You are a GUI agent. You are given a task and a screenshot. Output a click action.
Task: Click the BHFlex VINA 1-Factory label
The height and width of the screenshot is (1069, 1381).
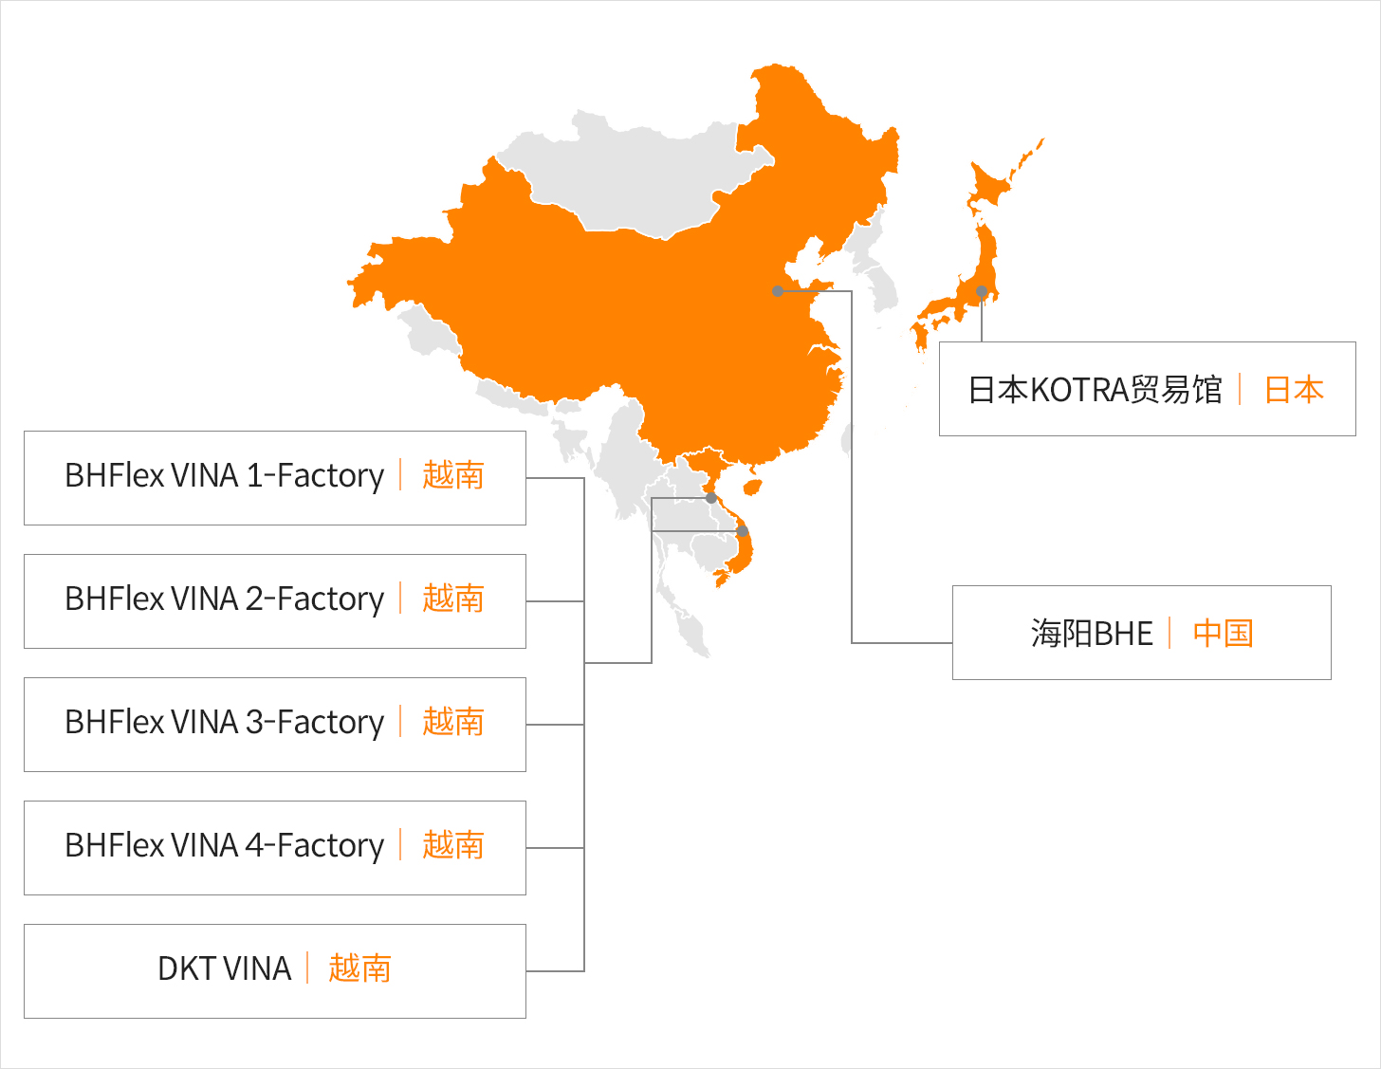[x=225, y=475]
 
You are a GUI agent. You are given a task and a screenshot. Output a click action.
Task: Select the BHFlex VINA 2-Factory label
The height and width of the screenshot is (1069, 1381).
[x=225, y=599]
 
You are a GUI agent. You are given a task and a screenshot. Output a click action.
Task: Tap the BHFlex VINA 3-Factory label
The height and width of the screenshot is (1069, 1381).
[x=225, y=722]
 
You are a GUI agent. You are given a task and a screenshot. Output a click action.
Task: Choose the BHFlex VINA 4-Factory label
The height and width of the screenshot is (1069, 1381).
[x=225, y=845]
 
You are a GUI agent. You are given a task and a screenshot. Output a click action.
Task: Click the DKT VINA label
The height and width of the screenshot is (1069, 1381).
[x=225, y=968]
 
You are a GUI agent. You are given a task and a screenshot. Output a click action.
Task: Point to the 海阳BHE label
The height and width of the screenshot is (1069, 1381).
[x=1092, y=634]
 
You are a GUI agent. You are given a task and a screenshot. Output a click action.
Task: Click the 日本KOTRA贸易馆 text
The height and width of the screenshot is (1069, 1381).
[x=1095, y=390]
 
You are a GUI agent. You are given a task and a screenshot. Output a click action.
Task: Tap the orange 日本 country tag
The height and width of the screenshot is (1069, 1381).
[x=1294, y=390]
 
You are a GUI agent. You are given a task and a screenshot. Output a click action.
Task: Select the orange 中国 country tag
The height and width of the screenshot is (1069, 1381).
[x=1223, y=634]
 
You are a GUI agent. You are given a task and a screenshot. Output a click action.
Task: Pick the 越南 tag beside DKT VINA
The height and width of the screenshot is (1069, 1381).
[x=359, y=968]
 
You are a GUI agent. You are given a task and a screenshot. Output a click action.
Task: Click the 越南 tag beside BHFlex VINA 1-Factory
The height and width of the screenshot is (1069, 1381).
[x=453, y=475]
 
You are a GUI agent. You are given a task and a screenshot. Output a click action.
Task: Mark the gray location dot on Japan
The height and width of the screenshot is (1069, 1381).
[x=982, y=291]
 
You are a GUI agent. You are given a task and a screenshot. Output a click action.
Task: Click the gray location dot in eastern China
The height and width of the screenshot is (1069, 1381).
[x=778, y=291]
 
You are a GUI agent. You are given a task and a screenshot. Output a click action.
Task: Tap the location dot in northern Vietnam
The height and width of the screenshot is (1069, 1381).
[x=711, y=498]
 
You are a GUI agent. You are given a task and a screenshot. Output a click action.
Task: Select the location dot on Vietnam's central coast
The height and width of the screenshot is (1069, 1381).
[x=743, y=530]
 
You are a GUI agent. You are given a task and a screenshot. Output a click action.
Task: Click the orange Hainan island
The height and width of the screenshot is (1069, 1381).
[x=752, y=488]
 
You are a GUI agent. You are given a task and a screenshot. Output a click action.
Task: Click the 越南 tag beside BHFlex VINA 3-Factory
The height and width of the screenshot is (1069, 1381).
[x=453, y=722]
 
